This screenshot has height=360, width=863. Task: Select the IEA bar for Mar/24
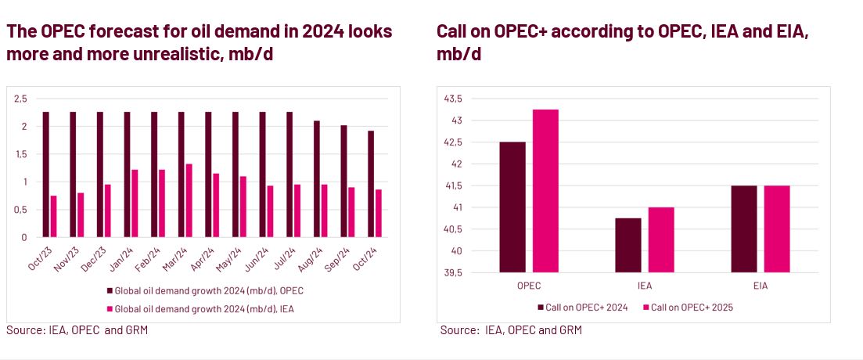tap(189, 200)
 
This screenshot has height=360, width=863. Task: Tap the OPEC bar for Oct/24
tap(371, 184)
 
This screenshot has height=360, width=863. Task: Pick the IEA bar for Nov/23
tap(81, 214)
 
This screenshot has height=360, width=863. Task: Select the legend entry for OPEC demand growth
tap(203, 290)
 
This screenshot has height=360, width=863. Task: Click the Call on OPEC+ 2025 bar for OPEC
tap(545, 190)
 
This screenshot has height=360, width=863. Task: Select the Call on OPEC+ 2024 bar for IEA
tap(628, 245)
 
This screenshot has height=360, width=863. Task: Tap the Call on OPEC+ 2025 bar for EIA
tap(777, 229)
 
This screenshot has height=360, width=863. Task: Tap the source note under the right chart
tap(511, 330)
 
